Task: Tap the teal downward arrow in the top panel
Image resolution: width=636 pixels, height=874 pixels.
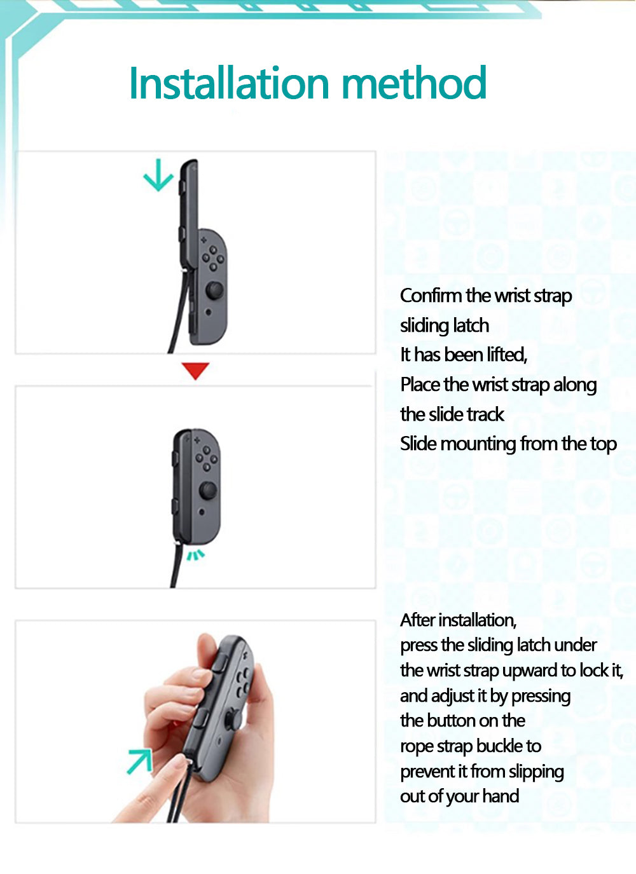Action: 158,175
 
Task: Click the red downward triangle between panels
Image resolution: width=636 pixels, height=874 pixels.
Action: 195,371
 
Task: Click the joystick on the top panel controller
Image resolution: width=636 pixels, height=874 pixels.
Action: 214,290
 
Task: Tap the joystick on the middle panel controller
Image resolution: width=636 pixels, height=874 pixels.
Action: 208,490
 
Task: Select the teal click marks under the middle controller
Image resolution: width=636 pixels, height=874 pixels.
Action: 196,556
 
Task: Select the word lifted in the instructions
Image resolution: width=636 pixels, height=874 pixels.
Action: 506,355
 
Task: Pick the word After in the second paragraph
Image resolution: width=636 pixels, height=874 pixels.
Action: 417,620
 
